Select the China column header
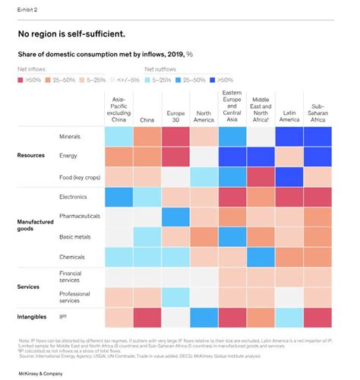pyautogui.click(x=147, y=119)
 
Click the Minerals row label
pyautogui.click(x=71, y=136)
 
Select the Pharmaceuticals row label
pyautogui.click(x=81, y=217)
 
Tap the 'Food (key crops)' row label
pyautogui.click(x=81, y=176)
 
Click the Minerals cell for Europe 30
pyautogui.click(x=175, y=136)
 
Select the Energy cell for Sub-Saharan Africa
pyautogui.click(x=317, y=157)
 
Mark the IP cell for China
pyautogui.click(x=147, y=317)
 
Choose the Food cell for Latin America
pyautogui.click(x=289, y=176)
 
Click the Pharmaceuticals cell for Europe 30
pyautogui.click(x=175, y=217)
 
